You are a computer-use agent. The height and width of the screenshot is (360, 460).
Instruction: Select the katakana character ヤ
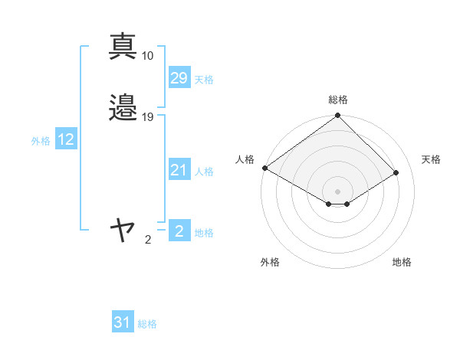point(123,229)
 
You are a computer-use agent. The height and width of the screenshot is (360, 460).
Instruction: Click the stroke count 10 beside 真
point(148,56)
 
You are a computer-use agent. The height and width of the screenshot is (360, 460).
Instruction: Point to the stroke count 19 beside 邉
point(148,117)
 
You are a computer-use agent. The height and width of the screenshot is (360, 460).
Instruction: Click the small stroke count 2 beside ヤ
point(148,240)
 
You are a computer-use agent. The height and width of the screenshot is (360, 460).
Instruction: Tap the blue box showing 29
point(179,78)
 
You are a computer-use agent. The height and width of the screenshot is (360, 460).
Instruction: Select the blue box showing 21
point(179,170)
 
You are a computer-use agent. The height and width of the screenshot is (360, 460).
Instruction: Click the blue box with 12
point(66,139)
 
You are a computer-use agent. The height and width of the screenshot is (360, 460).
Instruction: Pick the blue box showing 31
point(123,322)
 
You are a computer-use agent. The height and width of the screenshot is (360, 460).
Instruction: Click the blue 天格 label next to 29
point(204,80)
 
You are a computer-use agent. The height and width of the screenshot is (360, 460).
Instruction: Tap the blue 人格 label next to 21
point(204,172)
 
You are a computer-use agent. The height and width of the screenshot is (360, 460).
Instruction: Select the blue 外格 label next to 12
point(41,141)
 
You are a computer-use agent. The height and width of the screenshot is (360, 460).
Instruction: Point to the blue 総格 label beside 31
point(147,324)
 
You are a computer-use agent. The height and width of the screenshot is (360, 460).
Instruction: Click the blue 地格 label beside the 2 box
point(204,233)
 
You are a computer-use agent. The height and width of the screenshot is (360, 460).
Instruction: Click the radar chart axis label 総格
point(338,100)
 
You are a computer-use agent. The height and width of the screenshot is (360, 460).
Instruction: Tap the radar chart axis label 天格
point(431,159)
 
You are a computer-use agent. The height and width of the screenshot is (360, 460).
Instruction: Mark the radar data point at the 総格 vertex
point(338,116)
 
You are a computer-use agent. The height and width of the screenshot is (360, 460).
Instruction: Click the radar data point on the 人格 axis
point(264,168)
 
